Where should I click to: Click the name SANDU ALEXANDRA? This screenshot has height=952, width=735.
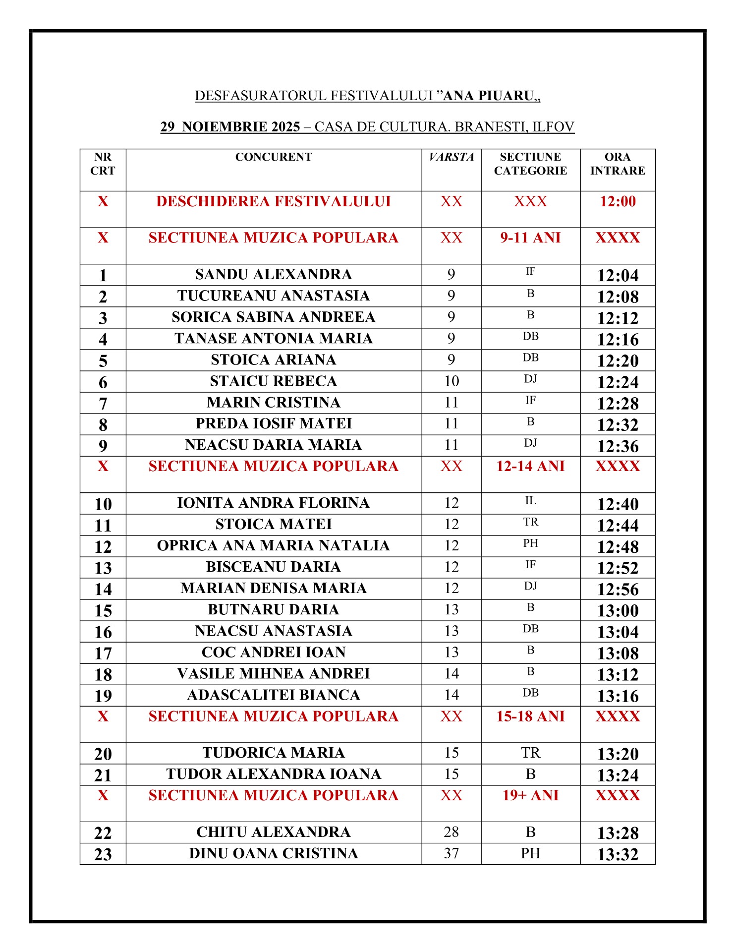(x=273, y=274)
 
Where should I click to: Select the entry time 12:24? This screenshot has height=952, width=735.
(x=618, y=382)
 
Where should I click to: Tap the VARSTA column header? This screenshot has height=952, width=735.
(x=451, y=157)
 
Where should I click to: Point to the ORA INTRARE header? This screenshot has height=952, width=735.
(x=618, y=164)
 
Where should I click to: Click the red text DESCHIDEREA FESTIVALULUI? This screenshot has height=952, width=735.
(x=273, y=201)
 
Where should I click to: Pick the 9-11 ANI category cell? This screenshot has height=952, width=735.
(x=530, y=238)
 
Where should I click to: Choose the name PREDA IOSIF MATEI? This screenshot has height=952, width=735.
(x=273, y=423)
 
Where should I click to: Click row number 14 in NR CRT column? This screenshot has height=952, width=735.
(x=103, y=589)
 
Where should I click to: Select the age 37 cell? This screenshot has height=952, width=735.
(x=451, y=853)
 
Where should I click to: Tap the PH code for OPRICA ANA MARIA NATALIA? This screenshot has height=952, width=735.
(x=530, y=543)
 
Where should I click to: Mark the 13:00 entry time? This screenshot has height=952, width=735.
(x=618, y=610)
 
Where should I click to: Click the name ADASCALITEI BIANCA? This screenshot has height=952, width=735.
(x=273, y=695)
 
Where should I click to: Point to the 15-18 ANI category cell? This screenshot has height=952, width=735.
(x=530, y=716)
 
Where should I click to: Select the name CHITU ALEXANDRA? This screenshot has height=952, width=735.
(x=273, y=832)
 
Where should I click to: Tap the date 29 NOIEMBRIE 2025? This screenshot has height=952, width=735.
(x=230, y=127)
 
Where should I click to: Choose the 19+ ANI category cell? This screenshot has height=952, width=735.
(x=530, y=795)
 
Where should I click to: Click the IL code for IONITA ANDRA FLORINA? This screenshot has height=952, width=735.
(x=530, y=501)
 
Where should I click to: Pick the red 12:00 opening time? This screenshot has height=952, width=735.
(x=618, y=201)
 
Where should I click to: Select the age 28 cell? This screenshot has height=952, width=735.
(x=451, y=832)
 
